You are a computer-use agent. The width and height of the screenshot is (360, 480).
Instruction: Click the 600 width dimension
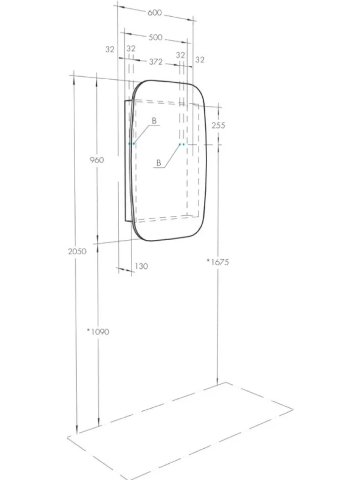click(x=154, y=13)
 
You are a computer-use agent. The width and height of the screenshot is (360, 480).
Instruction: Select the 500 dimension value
click(x=155, y=37)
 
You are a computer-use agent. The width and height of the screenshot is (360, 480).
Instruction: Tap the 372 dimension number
click(x=156, y=62)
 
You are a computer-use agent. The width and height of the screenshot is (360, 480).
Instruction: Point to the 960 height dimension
click(x=96, y=160)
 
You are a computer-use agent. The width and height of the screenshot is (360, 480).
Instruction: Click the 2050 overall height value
click(x=77, y=251)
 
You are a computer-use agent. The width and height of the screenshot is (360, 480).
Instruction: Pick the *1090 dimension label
click(x=98, y=332)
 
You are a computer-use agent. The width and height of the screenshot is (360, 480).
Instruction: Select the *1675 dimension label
click(x=218, y=262)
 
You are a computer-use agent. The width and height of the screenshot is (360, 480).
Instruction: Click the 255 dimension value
click(x=219, y=125)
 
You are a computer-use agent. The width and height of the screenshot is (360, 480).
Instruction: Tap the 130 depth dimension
click(x=141, y=266)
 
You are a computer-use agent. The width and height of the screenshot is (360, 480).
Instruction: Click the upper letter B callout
click(x=154, y=121)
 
